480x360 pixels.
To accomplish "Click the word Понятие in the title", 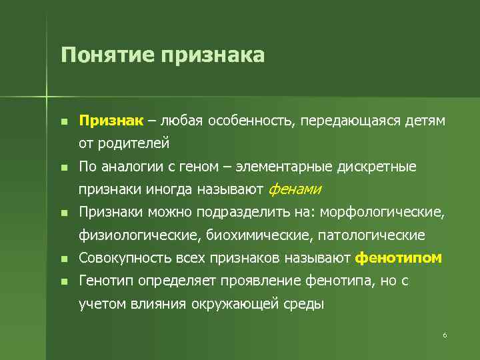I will point(106,55).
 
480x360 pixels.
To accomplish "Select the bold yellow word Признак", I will point(111,121).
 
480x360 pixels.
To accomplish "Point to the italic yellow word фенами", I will point(294,189).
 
